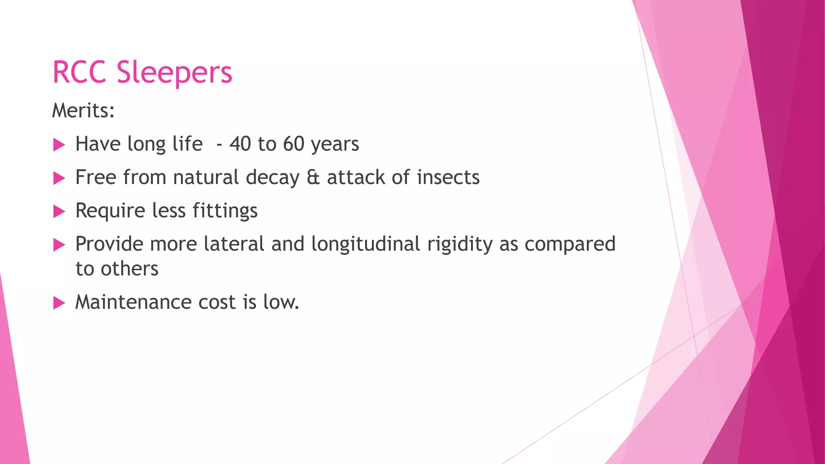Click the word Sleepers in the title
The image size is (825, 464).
point(174,73)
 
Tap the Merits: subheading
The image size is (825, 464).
point(83,110)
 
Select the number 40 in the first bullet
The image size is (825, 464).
point(240,144)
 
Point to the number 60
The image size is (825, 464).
point(294,144)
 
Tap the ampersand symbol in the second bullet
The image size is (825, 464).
point(313,177)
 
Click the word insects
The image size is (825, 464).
point(448,177)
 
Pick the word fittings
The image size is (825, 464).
point(225,211)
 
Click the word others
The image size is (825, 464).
point(129,269)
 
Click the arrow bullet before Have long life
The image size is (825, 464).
point(59,145)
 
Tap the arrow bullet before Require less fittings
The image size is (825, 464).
point(59,211)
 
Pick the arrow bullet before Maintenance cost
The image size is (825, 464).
point(59,303)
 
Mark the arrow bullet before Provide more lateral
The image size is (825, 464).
point(59,244)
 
